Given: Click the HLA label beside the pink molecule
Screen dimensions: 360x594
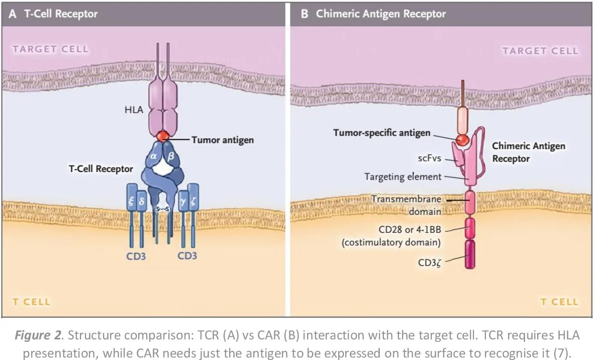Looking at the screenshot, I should (x=134, y=110).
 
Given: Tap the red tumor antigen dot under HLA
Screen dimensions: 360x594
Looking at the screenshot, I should (x=162, y=136).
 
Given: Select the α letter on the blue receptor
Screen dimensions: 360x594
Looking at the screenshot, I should (x=153, y=156).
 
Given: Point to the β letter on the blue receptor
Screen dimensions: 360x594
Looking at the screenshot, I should (x=170, y=156).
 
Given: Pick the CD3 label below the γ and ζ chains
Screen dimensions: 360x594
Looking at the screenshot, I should (x=187, y=256).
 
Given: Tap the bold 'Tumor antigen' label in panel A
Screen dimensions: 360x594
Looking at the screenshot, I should (x=223, y=140).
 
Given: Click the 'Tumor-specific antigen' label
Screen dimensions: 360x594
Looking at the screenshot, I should (x=382, y=133).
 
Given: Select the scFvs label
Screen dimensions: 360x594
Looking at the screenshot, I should (x=430, y=158).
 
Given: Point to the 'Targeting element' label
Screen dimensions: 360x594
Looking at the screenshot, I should (x=403, y=176).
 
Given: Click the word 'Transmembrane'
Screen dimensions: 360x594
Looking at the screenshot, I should (x=406, y=199).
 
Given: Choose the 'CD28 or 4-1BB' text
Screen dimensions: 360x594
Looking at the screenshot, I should (x=410, y=230).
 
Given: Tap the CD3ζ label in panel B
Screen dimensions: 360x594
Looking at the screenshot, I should (x=430, y=262).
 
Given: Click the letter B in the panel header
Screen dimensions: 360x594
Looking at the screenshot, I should (x=304, y=14).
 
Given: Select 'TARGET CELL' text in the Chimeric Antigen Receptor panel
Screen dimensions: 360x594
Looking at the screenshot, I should (x=540, y=51).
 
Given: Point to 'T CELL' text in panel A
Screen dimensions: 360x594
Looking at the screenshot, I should (x=31, y=302).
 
